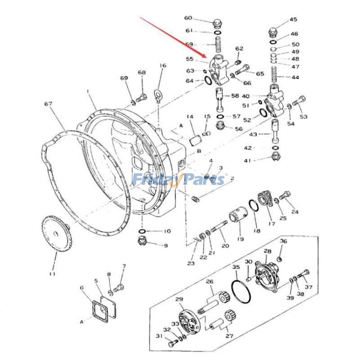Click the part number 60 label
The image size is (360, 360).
click(x=188, y=18)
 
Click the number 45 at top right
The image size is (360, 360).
click(x=293, y=19)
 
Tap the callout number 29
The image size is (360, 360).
click(x=179, y=299)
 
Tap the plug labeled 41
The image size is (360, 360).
click(x=275, y=157)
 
